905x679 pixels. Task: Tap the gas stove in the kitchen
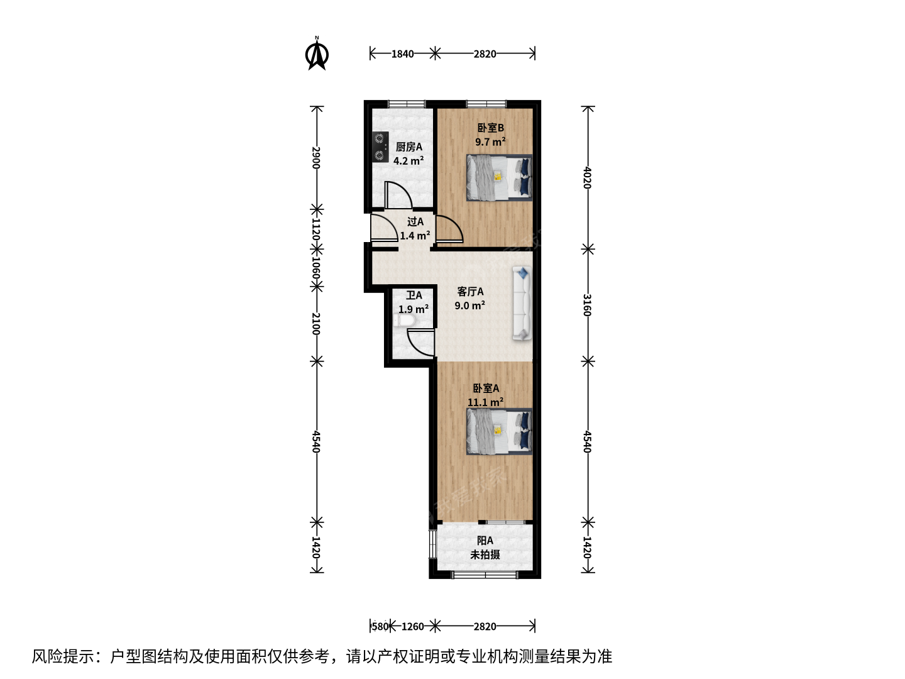92,146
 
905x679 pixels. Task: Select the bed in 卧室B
499,178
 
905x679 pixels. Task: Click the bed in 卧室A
499,432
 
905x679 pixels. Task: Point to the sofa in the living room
522,303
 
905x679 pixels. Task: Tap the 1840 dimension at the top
402,54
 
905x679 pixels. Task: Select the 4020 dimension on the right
588,178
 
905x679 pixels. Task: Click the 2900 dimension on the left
316,158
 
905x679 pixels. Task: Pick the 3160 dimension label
588,305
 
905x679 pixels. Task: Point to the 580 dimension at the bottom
380,627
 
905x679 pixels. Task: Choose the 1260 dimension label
413,627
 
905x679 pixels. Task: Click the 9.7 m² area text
490,142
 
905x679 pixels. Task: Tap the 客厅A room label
471,292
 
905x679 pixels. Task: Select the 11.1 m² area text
485,402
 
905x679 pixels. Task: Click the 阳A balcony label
485,541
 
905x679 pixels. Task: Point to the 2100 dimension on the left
316,324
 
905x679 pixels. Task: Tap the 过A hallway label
415,222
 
